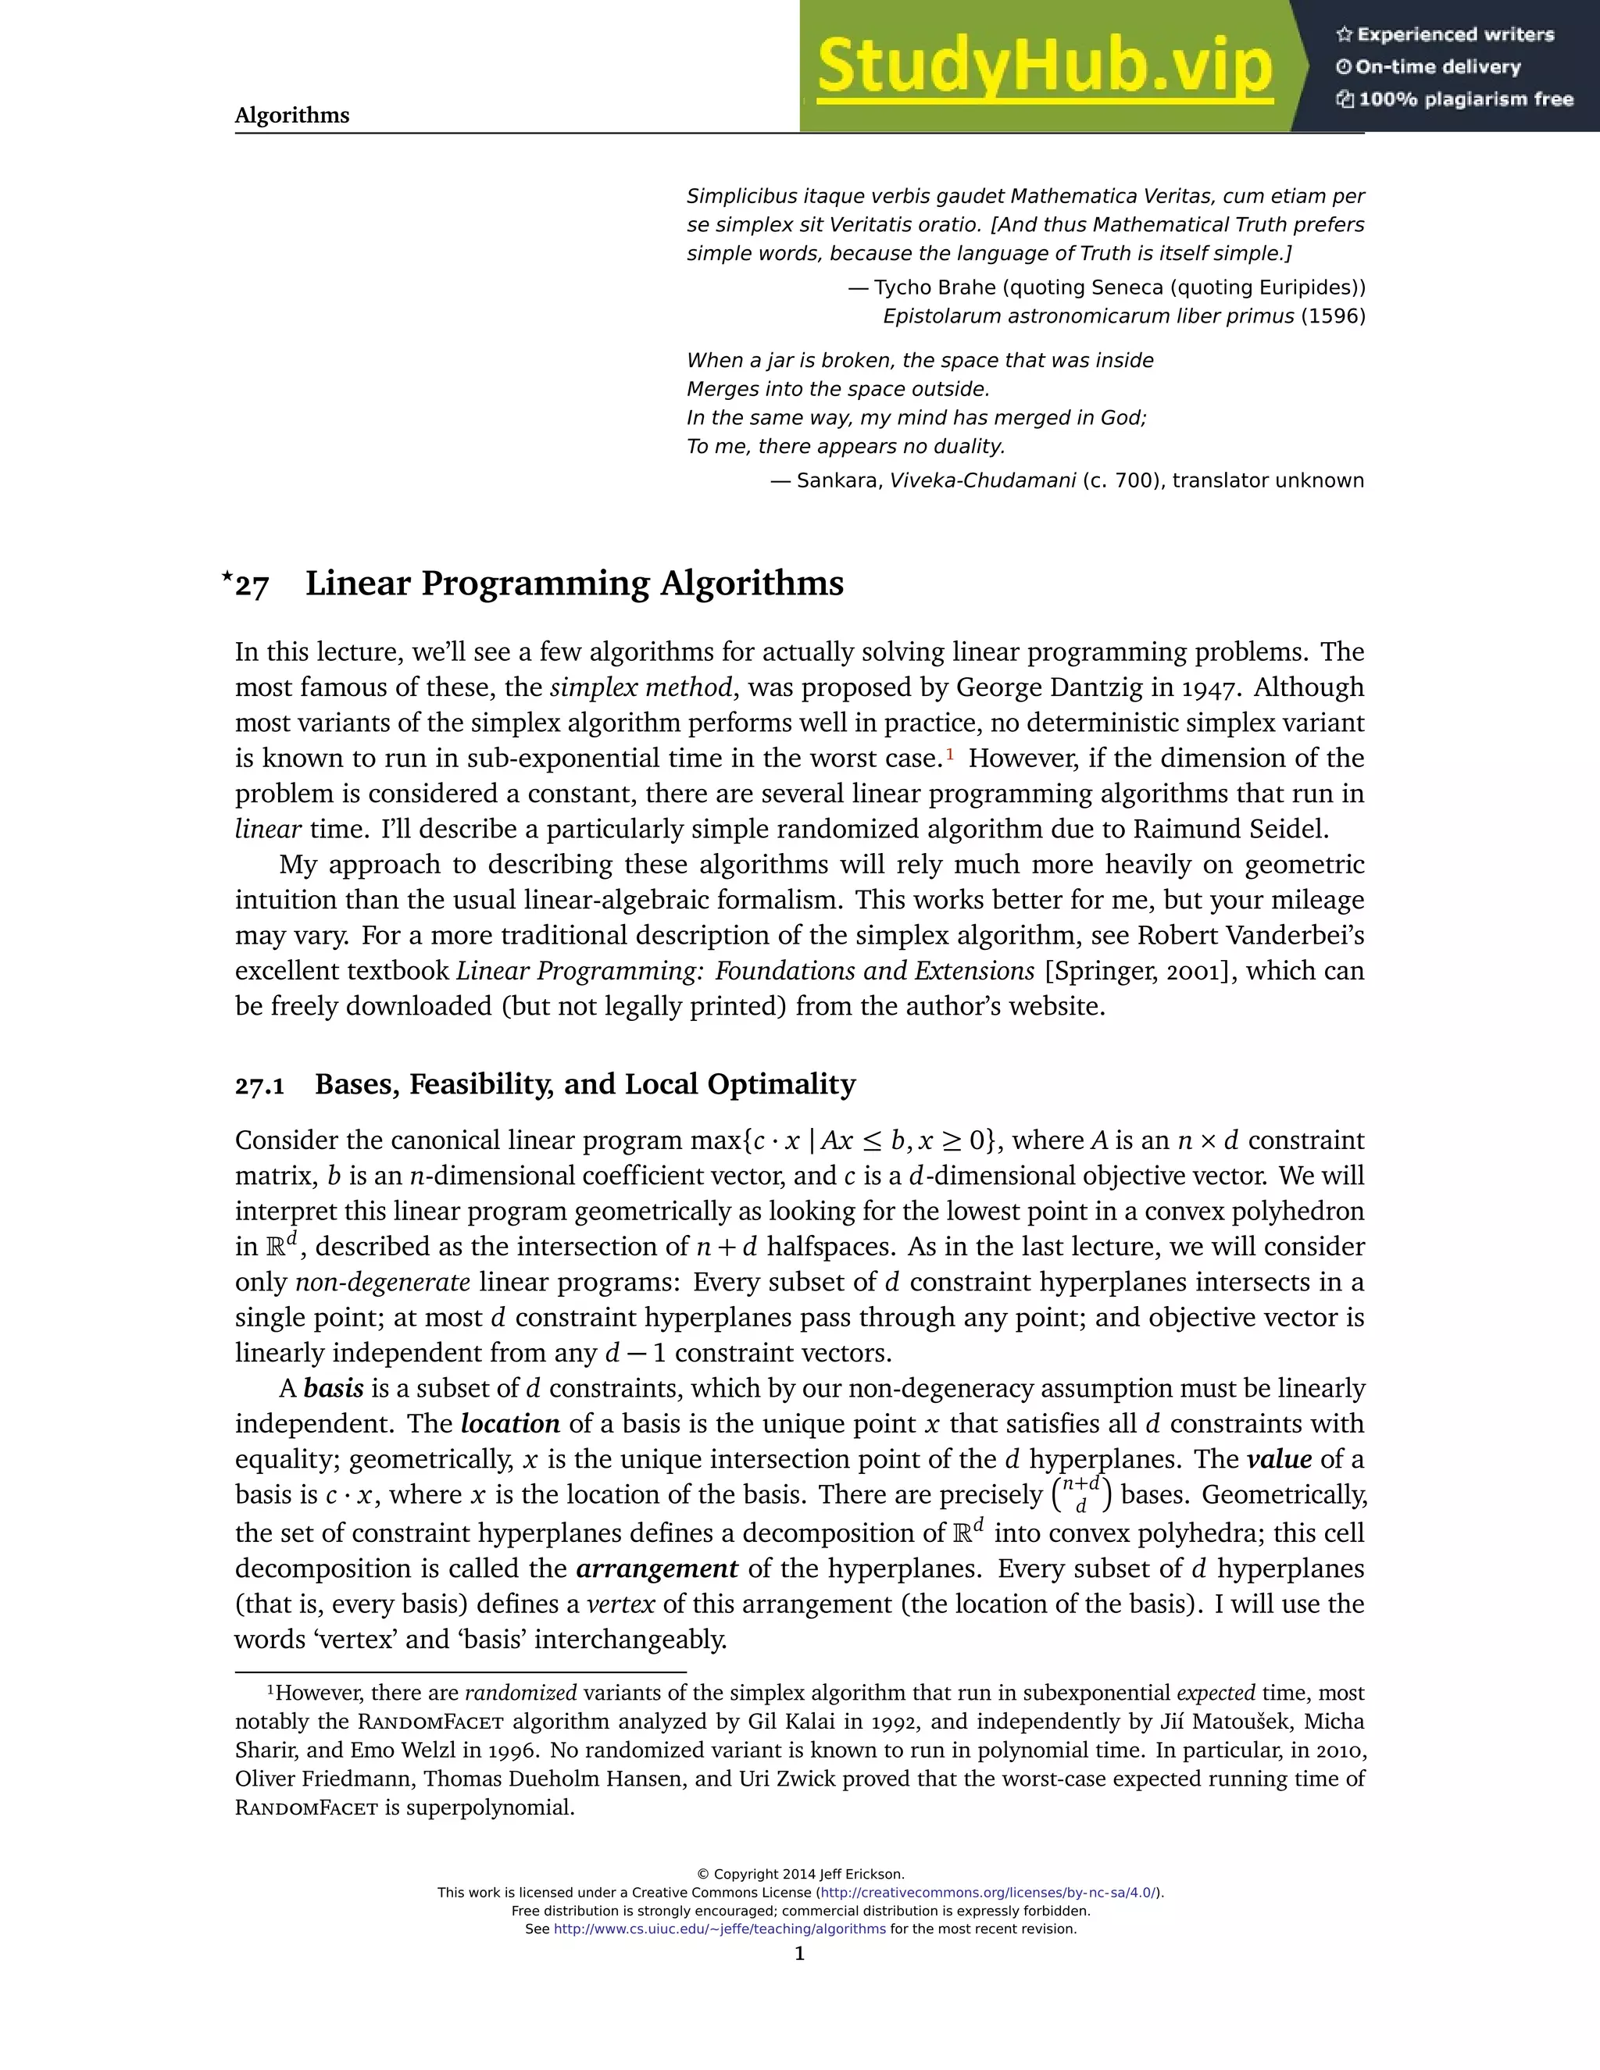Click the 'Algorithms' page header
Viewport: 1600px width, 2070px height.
[292, 116]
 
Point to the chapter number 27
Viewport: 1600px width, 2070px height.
[252, 586]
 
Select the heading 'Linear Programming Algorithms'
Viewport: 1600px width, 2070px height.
[573, 583]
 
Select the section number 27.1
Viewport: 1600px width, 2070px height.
[259, 1085]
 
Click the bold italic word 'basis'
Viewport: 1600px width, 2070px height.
[334, 1389]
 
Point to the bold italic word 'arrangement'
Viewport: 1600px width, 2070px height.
[657, 1569]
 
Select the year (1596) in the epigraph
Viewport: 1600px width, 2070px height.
[1332, 316]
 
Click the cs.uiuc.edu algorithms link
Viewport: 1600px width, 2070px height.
[720, 1929]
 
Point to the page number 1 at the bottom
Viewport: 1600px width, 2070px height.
[799, 1954]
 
